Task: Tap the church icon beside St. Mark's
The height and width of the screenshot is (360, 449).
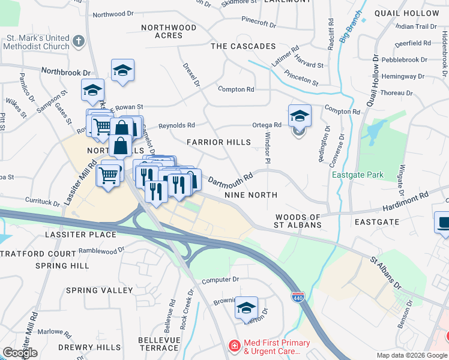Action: pos(78,41)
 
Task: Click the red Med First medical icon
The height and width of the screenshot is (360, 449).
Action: pos(234,346)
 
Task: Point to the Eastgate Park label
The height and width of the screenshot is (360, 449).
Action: pos(357,175)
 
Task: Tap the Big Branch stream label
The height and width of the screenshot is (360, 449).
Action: pos(351,26)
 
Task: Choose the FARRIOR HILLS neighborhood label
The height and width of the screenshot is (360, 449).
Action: pos(218,142)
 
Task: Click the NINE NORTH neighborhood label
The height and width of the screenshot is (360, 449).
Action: pos(250,195)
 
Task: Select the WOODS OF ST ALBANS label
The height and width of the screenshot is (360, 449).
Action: pos(298,221)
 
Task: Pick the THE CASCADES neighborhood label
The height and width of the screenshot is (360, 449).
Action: pos(243,46)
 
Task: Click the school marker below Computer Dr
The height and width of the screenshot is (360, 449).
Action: pos(246,308)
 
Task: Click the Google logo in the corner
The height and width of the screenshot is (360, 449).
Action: pos(20,352)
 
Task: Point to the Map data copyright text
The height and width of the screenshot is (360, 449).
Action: pos(412,355)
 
